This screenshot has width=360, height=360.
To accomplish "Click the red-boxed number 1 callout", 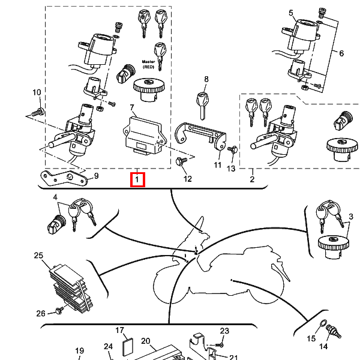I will point(137,179).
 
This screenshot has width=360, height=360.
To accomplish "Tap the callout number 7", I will point(133,107).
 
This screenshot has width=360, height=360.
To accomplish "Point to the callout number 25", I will point(38,256).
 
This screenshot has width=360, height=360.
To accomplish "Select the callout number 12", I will point(187,179).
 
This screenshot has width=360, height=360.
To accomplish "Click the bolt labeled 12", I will point(181,161).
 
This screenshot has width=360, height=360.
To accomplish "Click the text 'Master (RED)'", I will point(148,65).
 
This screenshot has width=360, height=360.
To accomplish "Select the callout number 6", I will point(341,53).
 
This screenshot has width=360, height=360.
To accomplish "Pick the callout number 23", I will point(224,331).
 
